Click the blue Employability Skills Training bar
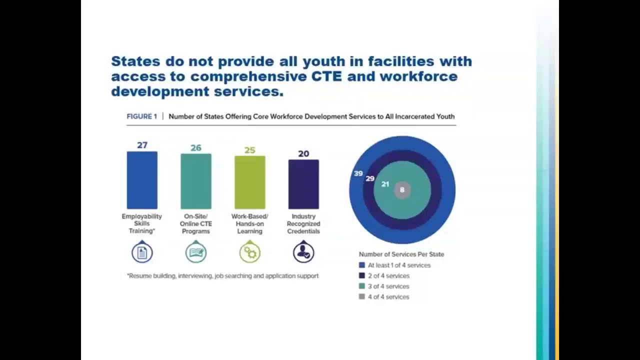click(x=142, y=180)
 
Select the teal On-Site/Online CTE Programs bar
click(x=196, y=181)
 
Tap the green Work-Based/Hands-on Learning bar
click(x=249, y=182)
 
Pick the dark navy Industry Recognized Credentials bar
click(x=303, y=184)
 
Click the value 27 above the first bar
click(x=142, y=145)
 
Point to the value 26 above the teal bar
click(x=196, y=148)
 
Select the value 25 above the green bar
click(x=249, y=150)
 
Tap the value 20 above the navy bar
click(x=303, y=153)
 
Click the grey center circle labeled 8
click(x=402, y=190)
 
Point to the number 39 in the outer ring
click(x=358, y=173)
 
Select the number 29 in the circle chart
click(x=370, y=178)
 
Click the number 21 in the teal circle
click(x=385, y=184)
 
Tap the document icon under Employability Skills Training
click(x=142, y=252)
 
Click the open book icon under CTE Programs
click(x=196, y=252)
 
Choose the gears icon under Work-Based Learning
click(x=249, y=252)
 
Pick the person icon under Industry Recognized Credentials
click(x=303, y=252)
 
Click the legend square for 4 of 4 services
click(x=362, y=296)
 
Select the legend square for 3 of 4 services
click(x=362, y=286)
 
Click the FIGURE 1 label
click(x=141, y=116)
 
